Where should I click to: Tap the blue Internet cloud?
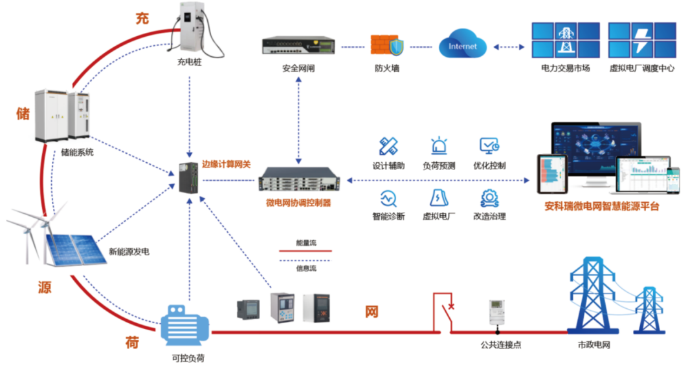[x=462, y=46]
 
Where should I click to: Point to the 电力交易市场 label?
[x=565, y=68]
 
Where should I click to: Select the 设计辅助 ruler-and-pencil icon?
[x=388, y=145]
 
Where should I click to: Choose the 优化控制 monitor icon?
[x=489, y=145]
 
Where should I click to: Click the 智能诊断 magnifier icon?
[x=388, y=198]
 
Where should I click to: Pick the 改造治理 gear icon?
[x=489, y=198]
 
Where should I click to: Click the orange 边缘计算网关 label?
[x=226, y=164]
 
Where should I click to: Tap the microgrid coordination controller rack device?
[x=298, y=179]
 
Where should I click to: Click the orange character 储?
[x=23, y=114]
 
